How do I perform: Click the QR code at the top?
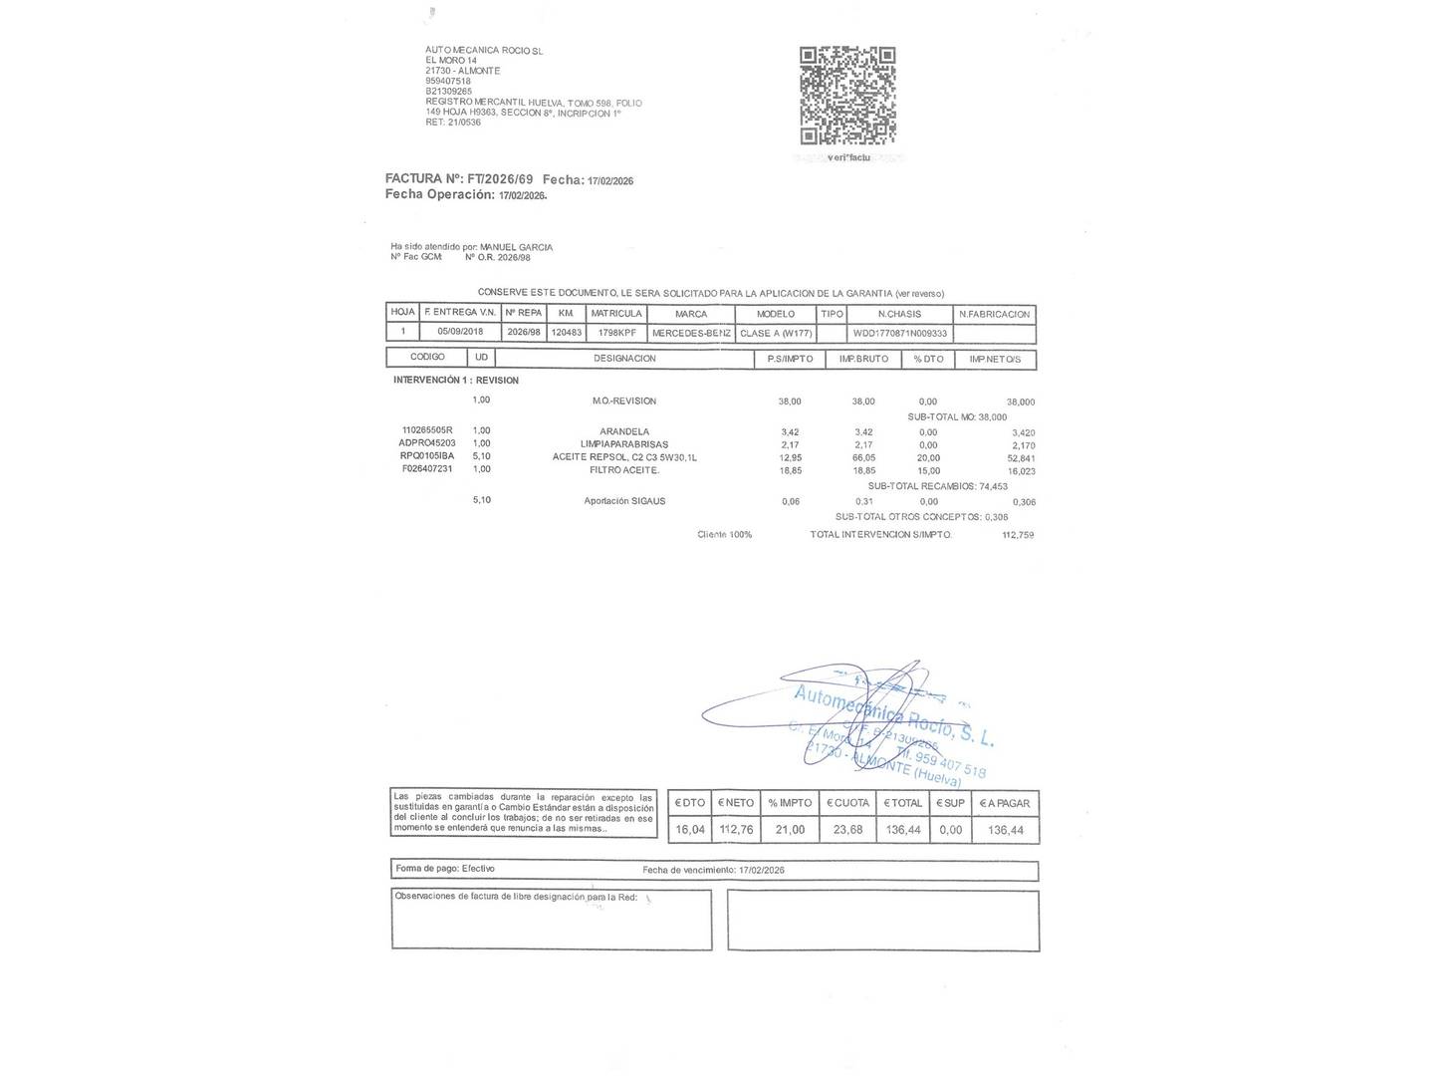coord(847,96)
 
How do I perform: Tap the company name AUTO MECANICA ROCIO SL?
coord(484,50)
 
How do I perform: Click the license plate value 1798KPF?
coord(616,333)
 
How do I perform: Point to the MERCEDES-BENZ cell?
coord(691,333)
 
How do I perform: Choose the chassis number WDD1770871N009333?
coord(900,333)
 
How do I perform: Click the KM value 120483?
coord(566,333)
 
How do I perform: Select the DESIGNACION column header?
coord(624,359)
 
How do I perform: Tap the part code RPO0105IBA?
coord(427,456)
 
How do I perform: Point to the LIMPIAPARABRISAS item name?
coord(624,444)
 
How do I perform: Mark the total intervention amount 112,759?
coord(1018,535)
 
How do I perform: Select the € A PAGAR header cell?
coord(1005,803)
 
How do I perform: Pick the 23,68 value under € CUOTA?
coord(847,830)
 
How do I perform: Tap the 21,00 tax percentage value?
coord(790,830)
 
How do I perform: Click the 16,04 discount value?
coord(690,830)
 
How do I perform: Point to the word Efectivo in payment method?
coord(478,869)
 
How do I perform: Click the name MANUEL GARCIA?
coord(516,247)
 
